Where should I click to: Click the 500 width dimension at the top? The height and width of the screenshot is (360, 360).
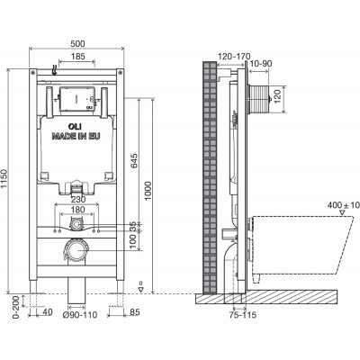[x=78, y=43]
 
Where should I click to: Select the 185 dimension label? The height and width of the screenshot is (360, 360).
[x=78, y=56]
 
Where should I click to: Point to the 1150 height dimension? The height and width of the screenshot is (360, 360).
[x=4, y=181]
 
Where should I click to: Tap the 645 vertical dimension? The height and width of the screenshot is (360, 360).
[x=134, y=161]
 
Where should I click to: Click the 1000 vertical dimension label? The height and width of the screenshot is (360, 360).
[x=148, y=192]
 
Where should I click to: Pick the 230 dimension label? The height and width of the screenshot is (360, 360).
[x=78, y=199]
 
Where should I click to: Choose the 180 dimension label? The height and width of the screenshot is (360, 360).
[x=77, y=210]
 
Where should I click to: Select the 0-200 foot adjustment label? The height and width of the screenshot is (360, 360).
[x=17, y=306]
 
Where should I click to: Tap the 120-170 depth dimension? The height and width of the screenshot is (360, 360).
[x=234, y=56]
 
